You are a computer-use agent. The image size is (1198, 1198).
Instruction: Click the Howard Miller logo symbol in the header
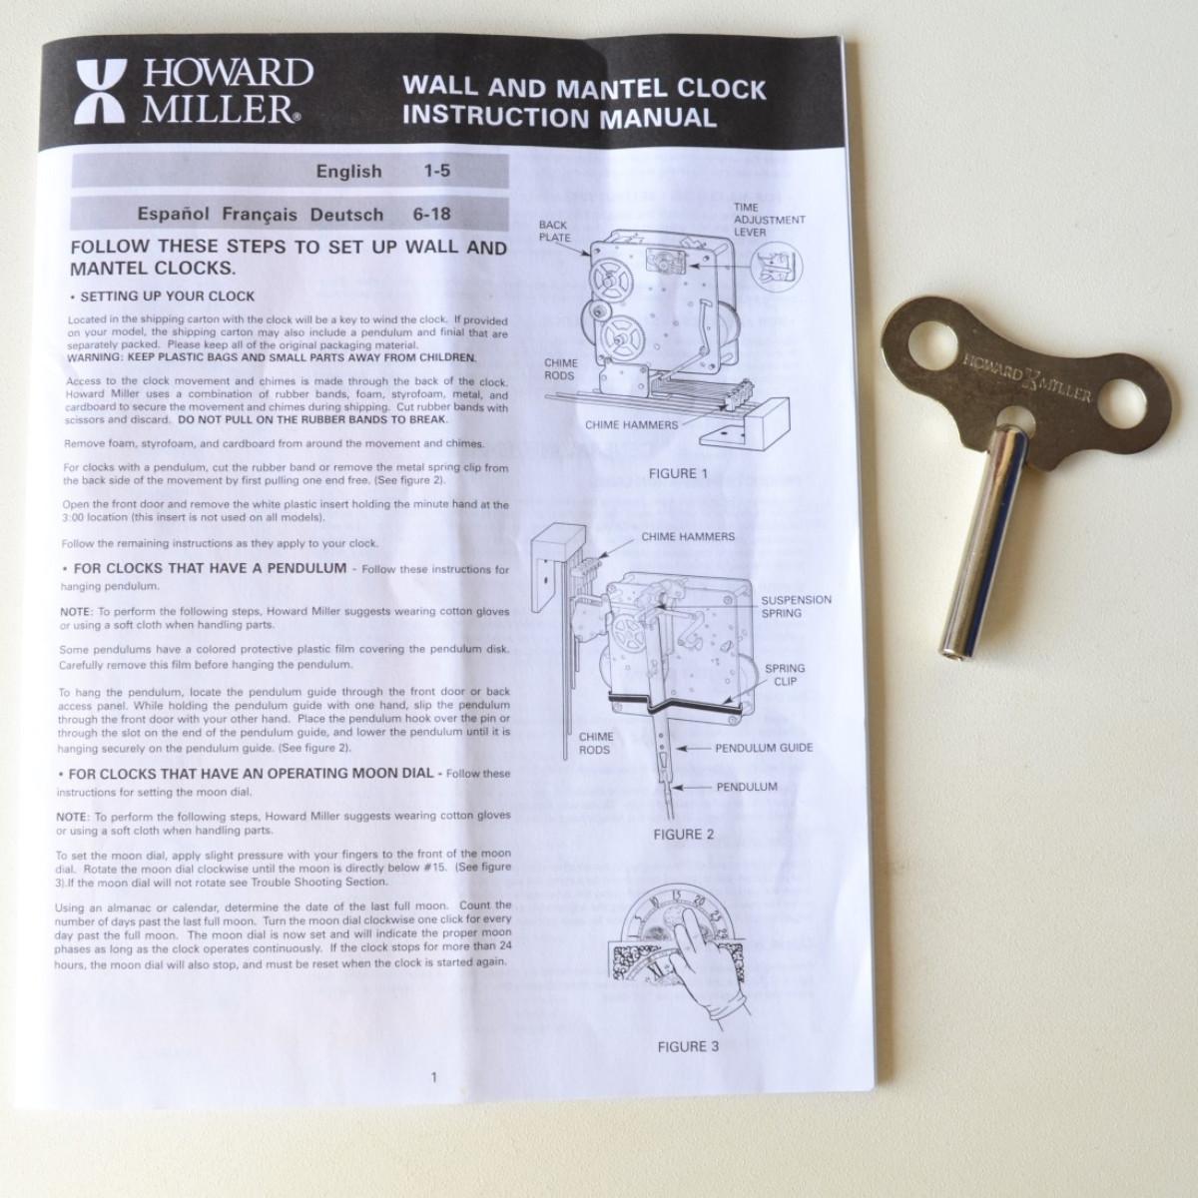click(102, 92)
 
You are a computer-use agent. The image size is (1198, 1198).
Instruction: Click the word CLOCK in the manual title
click(721, 89)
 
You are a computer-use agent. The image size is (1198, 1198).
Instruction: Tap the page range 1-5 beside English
click(436, 171)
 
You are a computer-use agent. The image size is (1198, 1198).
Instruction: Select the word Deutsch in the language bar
click(346, 215)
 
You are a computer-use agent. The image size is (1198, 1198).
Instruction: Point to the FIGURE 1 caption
click(678, 474)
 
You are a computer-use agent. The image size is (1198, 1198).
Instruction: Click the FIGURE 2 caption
click(684, 835)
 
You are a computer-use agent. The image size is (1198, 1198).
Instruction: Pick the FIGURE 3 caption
click(688, 1047)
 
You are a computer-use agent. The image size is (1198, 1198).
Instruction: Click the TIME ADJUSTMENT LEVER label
click(769, 220)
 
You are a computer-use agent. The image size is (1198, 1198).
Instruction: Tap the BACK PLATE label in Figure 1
click(554, 232)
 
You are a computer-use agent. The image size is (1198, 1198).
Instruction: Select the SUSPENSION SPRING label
click(797, 606)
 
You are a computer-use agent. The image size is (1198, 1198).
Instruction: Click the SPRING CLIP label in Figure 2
click(785, 675)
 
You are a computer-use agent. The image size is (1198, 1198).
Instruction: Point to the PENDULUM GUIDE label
click(764, 748)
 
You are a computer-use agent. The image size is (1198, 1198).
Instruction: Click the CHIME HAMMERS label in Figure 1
click(632, 425)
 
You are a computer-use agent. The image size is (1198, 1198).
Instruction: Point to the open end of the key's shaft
click(951, 651)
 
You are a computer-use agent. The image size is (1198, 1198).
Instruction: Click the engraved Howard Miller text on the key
click(1026, 377)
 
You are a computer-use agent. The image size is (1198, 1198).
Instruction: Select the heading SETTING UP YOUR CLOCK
click(168, 297)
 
